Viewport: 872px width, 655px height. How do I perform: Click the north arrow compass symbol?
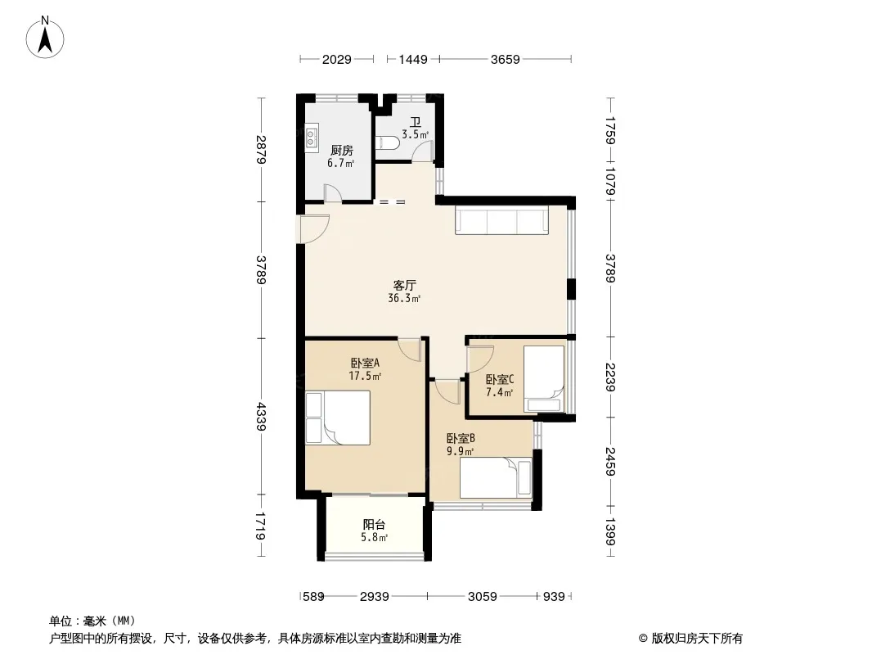click(x=45, y=38)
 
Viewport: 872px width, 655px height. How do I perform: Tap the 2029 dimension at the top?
click(x=336, y=59)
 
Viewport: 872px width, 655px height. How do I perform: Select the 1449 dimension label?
click(x=413, y=59)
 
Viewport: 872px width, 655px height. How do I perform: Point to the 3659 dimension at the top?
click(x=505, y=59)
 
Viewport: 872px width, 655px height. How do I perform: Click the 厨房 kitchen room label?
click(x=341, y=151)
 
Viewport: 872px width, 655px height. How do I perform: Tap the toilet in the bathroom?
click(x=387, y=143)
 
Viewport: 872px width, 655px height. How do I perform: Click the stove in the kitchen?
click(x=312, y=138)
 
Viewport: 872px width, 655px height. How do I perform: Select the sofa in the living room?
click(x=501, y=219)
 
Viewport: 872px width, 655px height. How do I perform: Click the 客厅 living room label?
click(x=404, y=285)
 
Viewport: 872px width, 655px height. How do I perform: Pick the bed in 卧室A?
click(x=338, y=418)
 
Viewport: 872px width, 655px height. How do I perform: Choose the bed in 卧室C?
click(x=544, y=379)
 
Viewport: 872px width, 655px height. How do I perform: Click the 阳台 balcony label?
click(x=374, y=524)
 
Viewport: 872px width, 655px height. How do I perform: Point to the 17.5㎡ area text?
click(x=365, y=376)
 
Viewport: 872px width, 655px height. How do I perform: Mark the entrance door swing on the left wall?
click(x=313, y=228)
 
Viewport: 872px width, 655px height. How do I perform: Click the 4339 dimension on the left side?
click(x=261, y=416)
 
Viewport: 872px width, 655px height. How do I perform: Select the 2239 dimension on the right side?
click(x=610, y=377)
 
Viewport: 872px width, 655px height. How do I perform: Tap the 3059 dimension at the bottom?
click(x=482, y=597)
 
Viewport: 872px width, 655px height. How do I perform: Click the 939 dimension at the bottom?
click(x=554, y=597)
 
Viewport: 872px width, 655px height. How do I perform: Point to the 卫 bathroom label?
click(x=415, y=122)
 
